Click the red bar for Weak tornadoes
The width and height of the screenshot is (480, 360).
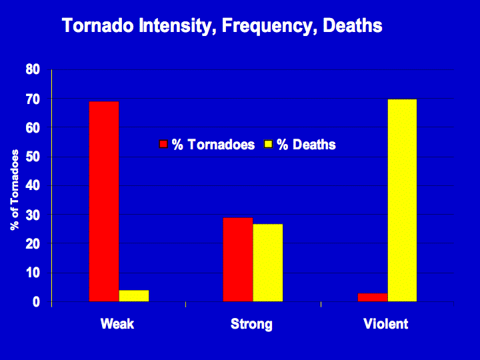(104, 201)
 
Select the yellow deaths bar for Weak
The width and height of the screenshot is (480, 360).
(134, 296)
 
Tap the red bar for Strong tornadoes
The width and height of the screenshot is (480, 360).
(238, 259)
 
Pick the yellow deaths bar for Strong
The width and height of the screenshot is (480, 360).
(268, 263)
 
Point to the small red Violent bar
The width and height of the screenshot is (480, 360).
(373, 297)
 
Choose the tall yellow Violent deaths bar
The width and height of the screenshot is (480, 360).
(402, 200)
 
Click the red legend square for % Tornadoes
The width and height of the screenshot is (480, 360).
(163, 144)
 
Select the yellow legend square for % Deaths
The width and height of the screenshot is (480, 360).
(268, 144)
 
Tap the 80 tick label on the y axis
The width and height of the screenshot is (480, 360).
(33, 69)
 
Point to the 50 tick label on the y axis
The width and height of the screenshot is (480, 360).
(33, 157)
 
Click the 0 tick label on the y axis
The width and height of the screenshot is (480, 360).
(37, 302)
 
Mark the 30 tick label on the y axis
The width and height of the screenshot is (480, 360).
(33, 215)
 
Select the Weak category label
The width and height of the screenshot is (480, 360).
(117, 324)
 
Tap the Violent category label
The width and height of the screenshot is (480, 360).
(386, 324)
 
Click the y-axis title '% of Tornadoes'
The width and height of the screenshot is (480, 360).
(15, 190)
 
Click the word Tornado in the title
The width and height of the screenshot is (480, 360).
(98, 25)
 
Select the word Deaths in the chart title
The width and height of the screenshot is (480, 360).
(353, 25)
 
